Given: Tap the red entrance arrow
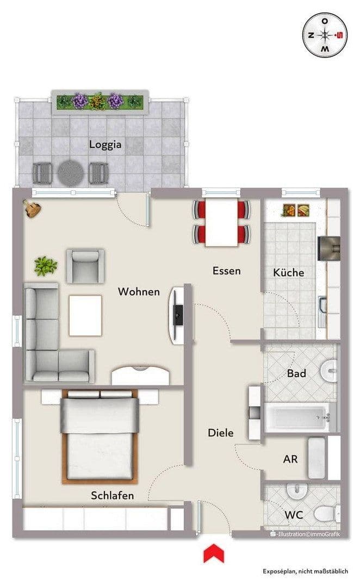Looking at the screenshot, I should [214, 554].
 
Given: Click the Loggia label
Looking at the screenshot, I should [105, 145].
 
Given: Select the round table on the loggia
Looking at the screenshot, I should [71, 173].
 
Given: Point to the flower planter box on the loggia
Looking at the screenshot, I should [98, 101].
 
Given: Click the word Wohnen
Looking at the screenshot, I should [139, 292].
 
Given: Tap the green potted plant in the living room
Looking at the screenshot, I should [46, 266].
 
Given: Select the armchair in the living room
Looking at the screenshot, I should [85, 265].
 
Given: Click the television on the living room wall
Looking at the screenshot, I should [177, 315].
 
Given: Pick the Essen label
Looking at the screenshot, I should [226, 271].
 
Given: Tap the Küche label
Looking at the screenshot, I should [288, 273].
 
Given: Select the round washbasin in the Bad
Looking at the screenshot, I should [329, 371].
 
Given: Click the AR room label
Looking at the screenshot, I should [290, 459].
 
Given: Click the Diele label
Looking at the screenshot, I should [221, 433].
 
